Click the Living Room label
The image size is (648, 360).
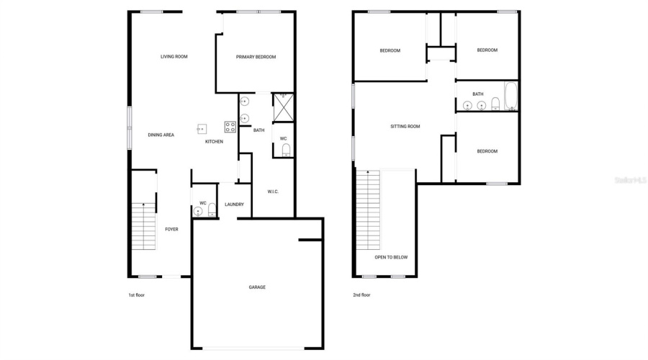click(174, 56)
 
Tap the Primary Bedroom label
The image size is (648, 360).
click(256, 57)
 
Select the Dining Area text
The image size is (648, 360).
click(161, 135)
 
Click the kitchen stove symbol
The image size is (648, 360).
click(230, 127)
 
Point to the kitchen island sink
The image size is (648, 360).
click(202, 129)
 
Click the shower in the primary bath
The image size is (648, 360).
click(282, 107)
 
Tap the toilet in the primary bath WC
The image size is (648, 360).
click(286, 150)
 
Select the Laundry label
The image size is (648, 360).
click(234, 204)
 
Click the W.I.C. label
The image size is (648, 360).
click(273, 192)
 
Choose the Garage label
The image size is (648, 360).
click(257, 287)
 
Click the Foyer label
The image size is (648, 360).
click(171, 230)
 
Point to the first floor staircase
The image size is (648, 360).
click(143, 226)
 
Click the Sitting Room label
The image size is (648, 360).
click(405, 126)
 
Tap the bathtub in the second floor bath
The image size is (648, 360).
click(510, 96)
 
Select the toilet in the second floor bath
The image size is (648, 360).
click(495, 105)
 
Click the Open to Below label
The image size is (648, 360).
click(391, 257)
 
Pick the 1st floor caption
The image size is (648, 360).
click(136, 295)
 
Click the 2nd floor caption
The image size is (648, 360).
click(361, 295)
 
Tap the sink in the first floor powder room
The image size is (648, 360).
click(198, 211)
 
